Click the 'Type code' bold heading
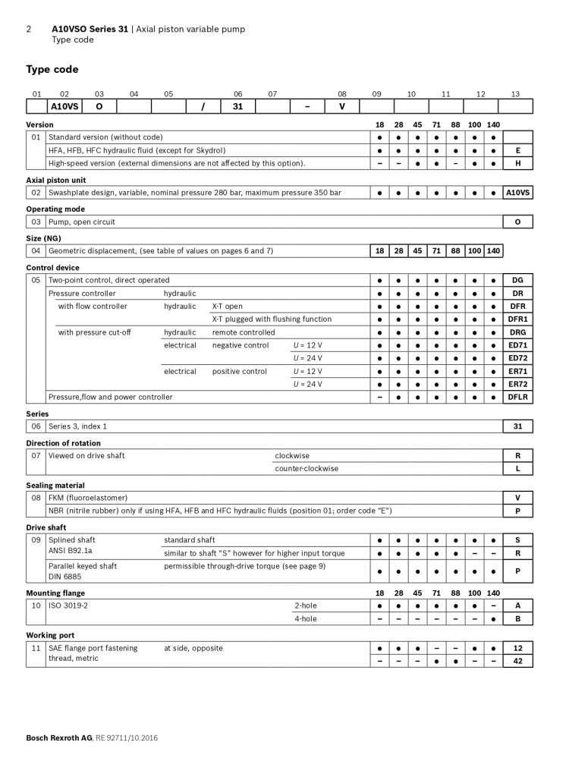(52, 70)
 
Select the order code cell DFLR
(518, 397)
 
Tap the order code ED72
(518, 358)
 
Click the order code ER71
(518, 371)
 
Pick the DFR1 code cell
(518, 319)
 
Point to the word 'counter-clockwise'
(307, 468)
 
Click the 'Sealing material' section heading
(55, 485)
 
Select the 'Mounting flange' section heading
(55, 593)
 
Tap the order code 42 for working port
(518, 661)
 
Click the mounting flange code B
(518, 618)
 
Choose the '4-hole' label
(305, 618)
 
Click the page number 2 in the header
(29, 29)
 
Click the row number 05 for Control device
(36, 280)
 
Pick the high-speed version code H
(518, 163)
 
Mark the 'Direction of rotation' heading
(63, 443)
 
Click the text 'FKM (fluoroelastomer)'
(86, 498)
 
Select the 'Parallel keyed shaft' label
(83, 565)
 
